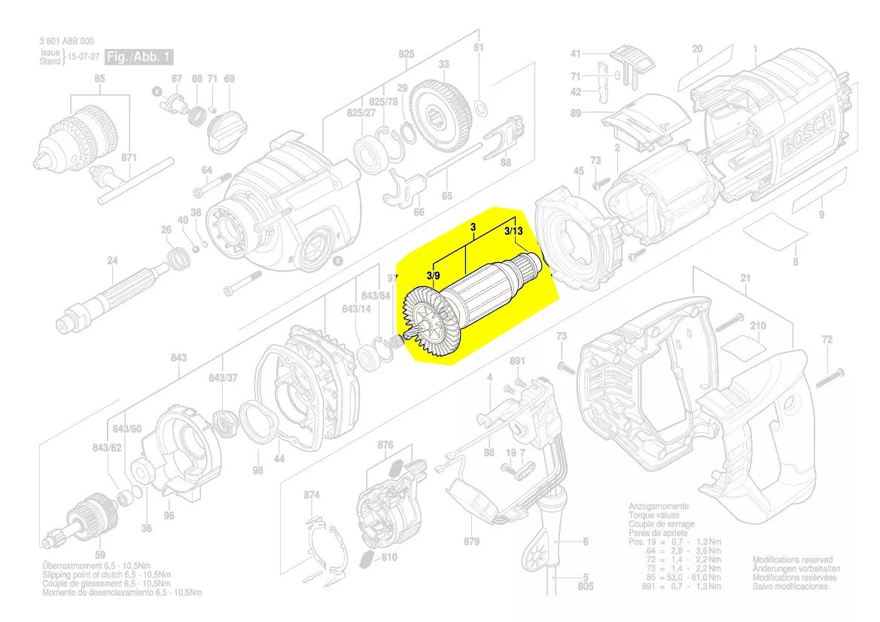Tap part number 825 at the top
[407, 54]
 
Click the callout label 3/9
[434, 276]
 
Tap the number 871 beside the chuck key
[129, 158]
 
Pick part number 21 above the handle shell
[745, 279]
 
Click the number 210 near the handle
[758, 325]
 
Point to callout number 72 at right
[827, 340]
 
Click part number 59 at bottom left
[100, 555]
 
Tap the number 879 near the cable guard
[472, 542]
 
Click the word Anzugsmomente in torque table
[658, 506]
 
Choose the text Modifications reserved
[793, 560]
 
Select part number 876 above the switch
[385, 445]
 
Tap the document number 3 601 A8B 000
[67, 42]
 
